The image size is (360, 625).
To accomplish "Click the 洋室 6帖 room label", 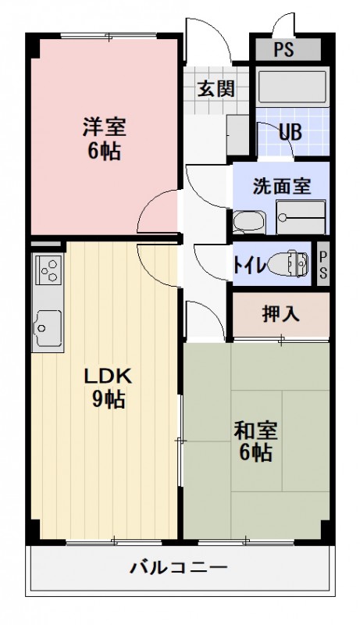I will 104,137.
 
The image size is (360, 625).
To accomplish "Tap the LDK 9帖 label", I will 109,387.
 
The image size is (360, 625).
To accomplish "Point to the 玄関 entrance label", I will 215,88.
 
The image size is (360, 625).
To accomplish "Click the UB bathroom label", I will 290,130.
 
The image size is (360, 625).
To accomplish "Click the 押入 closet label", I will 280,314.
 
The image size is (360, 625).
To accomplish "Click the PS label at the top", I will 284,50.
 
